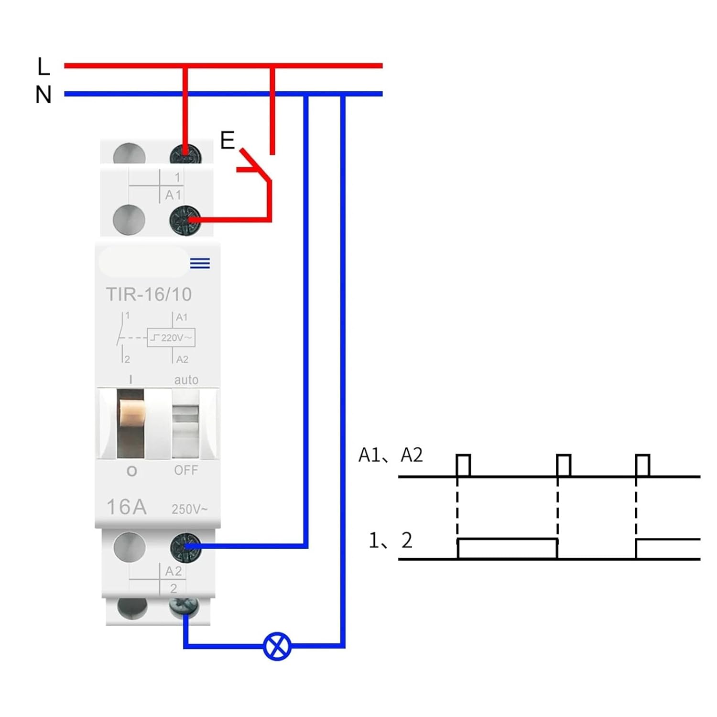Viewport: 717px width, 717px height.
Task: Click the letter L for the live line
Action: click(x=43, y=66)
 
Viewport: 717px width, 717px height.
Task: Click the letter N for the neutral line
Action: click(x=43, y=95)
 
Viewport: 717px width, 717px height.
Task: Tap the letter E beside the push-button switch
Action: click(x=228, y=141)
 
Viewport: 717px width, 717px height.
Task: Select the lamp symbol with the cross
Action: click(x=277, y=646)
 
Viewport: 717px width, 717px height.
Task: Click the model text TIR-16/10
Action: click(x=149, y=294)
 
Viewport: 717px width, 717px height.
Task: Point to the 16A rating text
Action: click(x=126, y=507)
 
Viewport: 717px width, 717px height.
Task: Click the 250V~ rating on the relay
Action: click(x=189, y=509)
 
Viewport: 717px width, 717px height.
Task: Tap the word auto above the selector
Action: click(x=186, y=380)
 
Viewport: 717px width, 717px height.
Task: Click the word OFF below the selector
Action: click(x=186, y=470)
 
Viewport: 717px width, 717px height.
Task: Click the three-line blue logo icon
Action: click(x=200, y=263)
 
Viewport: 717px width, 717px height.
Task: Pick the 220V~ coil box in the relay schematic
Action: click(x=171, y=337)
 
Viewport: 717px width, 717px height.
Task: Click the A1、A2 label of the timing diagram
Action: click(x=391, y=455)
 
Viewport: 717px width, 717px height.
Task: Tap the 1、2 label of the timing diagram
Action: click(x=390, y=540)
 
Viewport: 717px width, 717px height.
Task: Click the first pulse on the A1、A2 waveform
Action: click(x=463, y=465)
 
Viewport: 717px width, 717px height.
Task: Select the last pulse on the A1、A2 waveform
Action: click(x=642, y=465)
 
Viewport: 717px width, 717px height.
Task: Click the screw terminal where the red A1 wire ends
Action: click(x=185, y=220)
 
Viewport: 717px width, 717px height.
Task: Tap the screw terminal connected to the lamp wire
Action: click(x=185, y=608)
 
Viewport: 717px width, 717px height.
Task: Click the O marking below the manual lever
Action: click(x=131, y=471)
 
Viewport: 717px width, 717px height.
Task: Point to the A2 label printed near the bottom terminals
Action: click(x=173, y=571)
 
